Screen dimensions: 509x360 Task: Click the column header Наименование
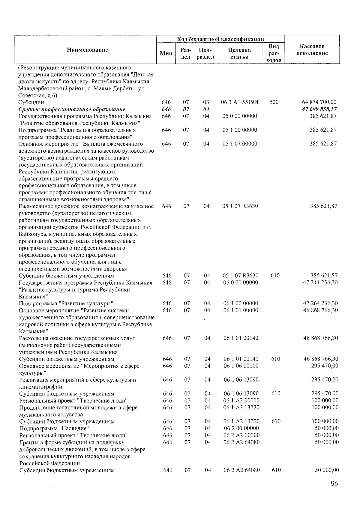(87, 50)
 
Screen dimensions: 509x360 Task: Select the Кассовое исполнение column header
(312, 50)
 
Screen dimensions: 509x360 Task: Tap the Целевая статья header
(239, 53)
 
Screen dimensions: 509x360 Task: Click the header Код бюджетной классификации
(220, 39)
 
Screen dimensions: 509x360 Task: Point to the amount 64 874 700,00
(319, 102)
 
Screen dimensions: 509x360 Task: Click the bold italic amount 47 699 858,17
(319, 109)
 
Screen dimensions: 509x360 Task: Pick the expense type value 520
(274, 102)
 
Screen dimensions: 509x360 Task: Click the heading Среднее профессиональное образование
(72, 109)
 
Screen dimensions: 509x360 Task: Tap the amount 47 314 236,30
(320, 283)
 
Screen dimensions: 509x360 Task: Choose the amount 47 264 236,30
(320, 303)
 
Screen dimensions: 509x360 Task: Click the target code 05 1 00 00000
(240, 130)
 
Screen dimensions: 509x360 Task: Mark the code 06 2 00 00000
(241, 428)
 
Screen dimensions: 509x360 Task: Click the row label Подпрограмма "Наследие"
(54, 428)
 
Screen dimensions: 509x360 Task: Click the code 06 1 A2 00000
(241, 400)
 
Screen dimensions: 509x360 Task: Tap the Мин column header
(166, 53)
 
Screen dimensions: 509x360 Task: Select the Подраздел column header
(205, 53)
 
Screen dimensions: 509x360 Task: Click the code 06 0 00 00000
(241, 283)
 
